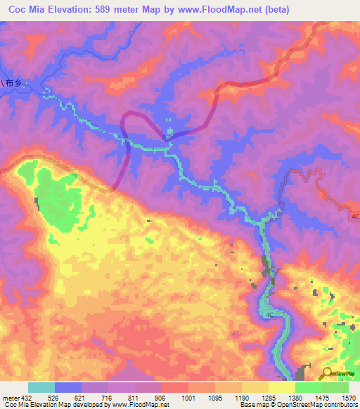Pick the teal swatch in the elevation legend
coord(41,387)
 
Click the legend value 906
coord(161,398)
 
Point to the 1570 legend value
coord(348,398)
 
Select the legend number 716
coord(107,398)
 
